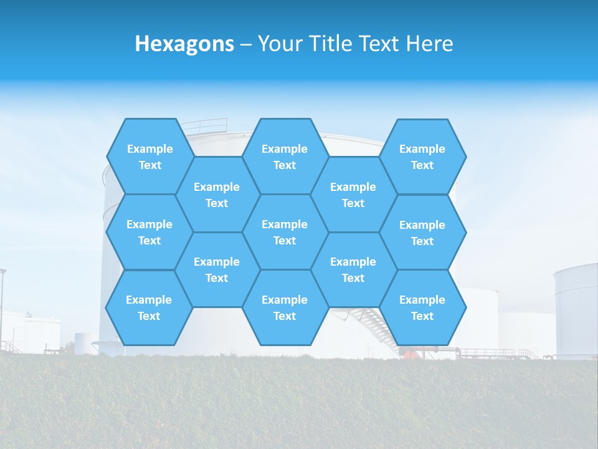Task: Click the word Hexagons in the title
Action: pos(184,44)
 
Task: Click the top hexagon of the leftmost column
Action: pos(149,157)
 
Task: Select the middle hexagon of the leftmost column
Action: pos(149,232)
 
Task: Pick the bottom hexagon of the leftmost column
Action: pos(149,307)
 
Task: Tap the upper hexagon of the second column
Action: pos(217,195)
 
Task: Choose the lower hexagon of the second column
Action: pos(217,269)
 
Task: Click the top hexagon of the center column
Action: pos(285,157)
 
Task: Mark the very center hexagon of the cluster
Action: pos(285,232)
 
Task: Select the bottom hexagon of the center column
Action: pos(285,307)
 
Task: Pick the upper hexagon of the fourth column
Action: pos(353,195)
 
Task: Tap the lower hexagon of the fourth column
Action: pos(353,269)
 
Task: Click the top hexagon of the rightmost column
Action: pos(422,157)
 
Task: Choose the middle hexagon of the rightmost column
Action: pos(422,233)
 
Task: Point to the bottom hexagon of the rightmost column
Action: pos(422,307)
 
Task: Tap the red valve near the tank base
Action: pos(408,354)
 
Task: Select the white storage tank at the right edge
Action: pos(576,309)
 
